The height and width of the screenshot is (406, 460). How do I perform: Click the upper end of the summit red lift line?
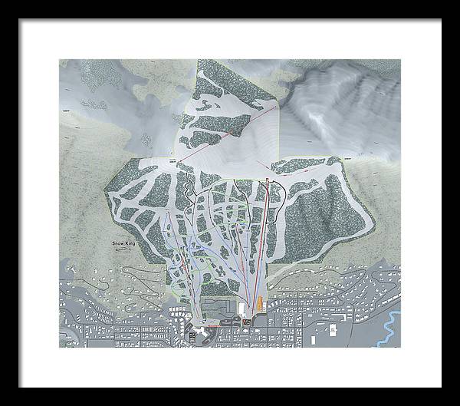(x=274, y=110)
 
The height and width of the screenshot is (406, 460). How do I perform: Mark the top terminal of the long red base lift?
(x=266, y=179)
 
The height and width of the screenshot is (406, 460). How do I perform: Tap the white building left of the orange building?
(x=244, y=308)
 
